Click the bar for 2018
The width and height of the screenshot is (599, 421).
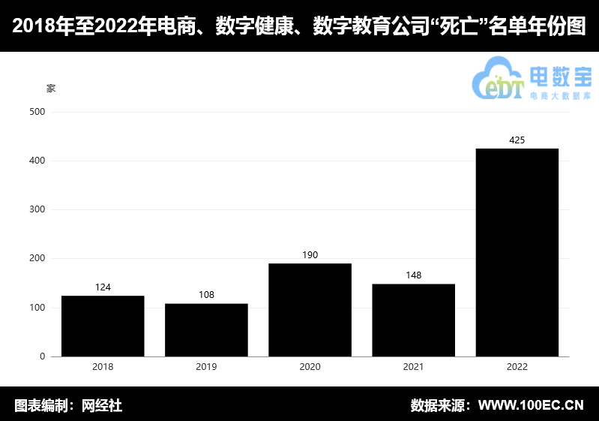103,326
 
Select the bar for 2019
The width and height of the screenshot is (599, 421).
206,329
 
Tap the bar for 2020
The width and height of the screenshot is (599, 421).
310,310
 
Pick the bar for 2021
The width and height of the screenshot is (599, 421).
413,320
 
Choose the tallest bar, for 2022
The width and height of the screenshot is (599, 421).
517,252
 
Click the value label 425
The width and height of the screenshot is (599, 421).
517,140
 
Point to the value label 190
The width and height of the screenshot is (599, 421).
310,255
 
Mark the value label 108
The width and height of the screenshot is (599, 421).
206,295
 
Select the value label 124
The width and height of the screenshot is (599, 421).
103,287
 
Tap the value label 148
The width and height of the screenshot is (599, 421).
413,275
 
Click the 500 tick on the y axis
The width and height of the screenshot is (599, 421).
37,112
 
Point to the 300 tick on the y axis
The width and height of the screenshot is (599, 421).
37,209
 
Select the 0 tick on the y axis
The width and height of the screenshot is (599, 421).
42,356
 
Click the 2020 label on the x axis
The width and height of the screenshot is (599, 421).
310,367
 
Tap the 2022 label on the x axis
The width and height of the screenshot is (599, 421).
517,367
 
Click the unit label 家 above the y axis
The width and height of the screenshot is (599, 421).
51,89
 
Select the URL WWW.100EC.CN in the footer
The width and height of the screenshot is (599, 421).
531,406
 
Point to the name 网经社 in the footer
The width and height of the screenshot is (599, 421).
101,406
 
